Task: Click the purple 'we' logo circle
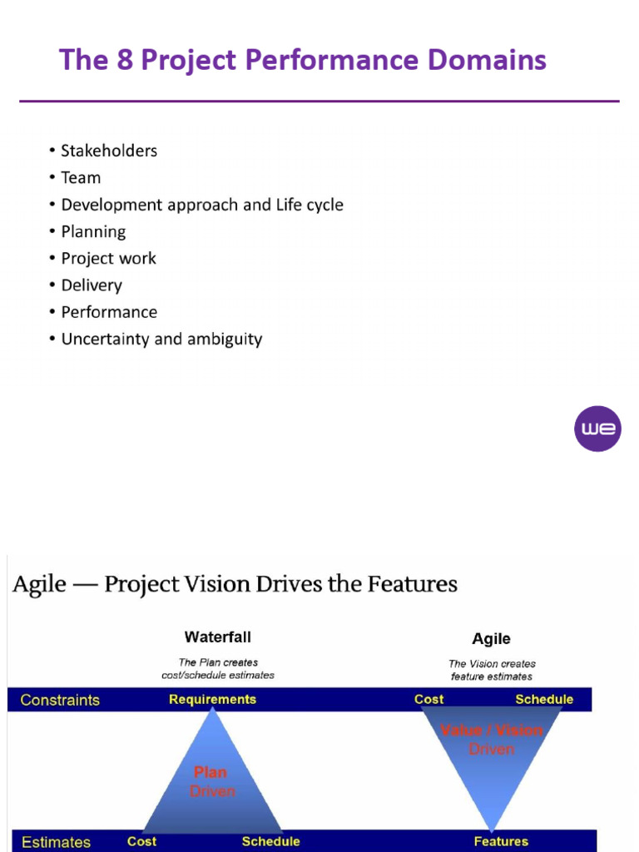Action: tap(597, 429)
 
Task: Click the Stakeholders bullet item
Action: tap(108, 151)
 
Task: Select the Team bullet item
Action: tap(81, 177)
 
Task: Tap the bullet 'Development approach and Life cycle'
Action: tap(201, 205)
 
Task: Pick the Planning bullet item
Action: tap(93, 231)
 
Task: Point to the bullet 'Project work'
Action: tap(108, 258)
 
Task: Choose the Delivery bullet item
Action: tap(92, 285)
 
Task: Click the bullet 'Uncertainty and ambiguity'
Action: tap(161, 339)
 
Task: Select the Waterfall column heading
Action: tap(217, 637)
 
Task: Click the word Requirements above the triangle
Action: tap(212, 700)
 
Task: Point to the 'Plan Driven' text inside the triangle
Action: tap(212, 782)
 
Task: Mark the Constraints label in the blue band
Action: tap(60, 700)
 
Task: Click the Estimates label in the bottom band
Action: tap(56, 842)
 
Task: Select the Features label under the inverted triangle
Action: tap(501, 842)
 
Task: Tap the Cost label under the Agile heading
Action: tap(428, 700)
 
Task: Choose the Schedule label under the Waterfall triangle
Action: tap(270, 842)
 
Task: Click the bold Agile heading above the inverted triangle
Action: tap(491, 639)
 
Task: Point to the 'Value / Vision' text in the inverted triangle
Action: tap(491, 731)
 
